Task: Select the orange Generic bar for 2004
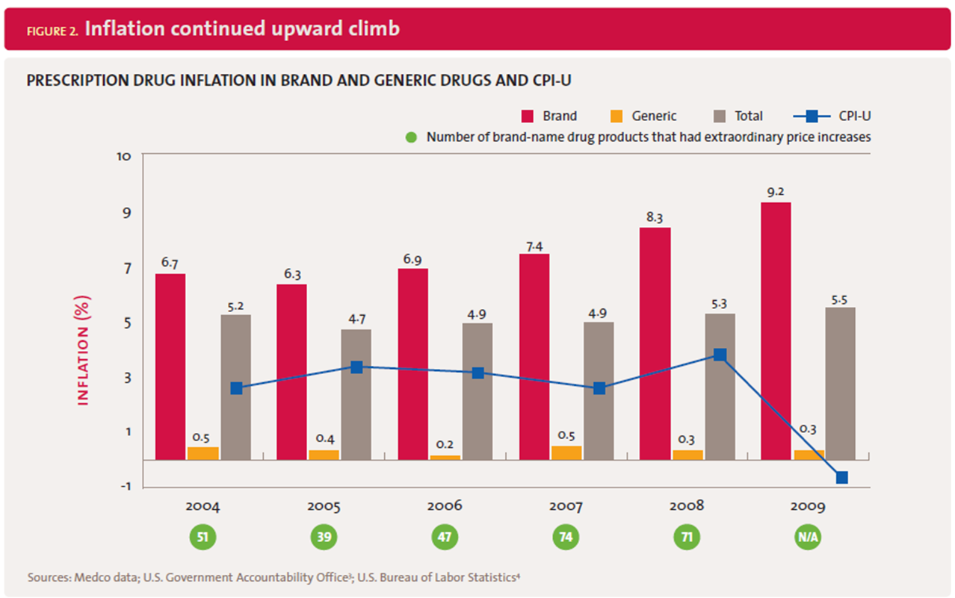click(203, 453)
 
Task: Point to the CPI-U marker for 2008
click(720, 355)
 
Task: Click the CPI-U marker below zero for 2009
click(841, 477)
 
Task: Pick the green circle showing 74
click(566, 537)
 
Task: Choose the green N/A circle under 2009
click(808, 537)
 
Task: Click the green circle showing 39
click(324, 537)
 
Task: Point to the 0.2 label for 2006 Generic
click(445, 445)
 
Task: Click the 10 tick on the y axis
click(124, 156)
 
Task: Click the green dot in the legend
click(410, 137)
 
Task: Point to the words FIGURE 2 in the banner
click(52, 31)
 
